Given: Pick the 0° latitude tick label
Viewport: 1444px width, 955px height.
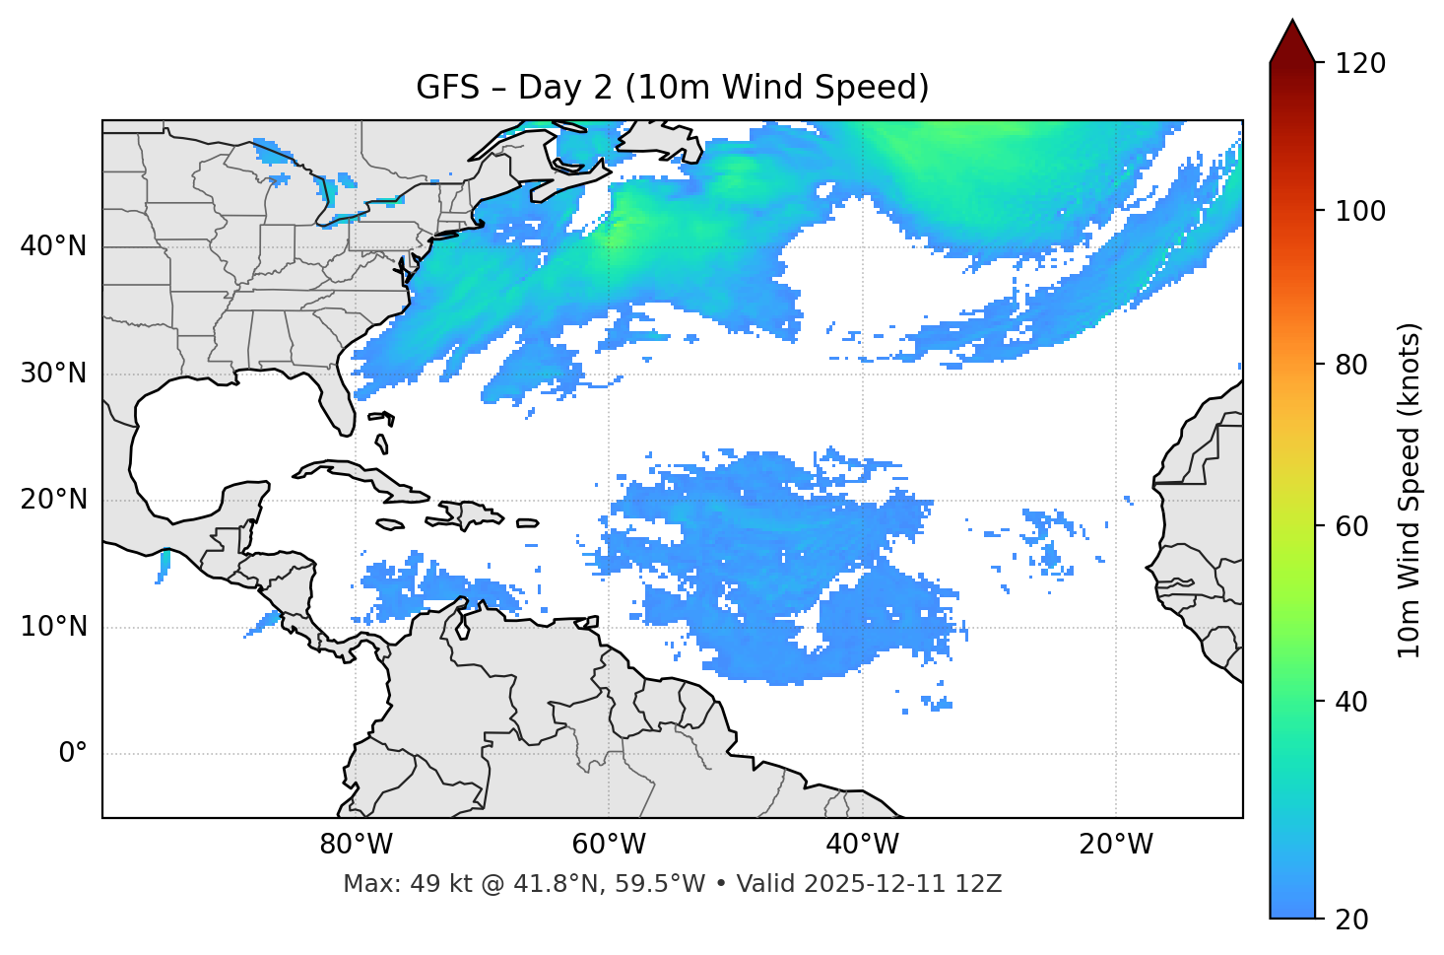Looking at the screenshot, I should pos(73,754).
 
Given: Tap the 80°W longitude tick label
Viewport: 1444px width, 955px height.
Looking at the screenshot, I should pos(356,845).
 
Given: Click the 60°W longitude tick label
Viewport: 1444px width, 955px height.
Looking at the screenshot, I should pos(609,845).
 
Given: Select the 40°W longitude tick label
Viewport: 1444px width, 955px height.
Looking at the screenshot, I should pos(862,845).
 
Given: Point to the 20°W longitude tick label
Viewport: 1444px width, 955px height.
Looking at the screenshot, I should pos(1115,845).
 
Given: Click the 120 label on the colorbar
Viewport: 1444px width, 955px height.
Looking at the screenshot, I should pos(1360,64).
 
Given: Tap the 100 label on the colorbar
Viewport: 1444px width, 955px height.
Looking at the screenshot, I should pos(1360,211).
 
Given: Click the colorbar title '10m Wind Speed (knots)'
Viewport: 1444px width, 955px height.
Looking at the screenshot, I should pos(1410,490).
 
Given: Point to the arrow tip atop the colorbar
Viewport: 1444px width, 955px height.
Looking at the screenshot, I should pos(1292,22).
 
